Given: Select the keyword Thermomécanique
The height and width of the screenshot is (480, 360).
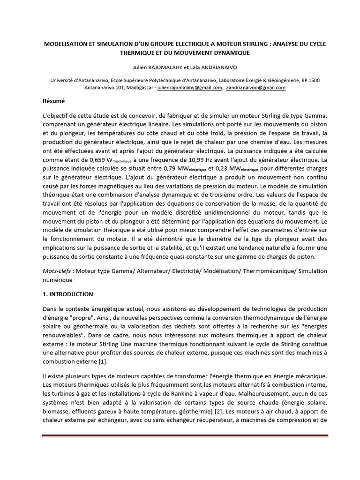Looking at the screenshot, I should click(x=265, y=271).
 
